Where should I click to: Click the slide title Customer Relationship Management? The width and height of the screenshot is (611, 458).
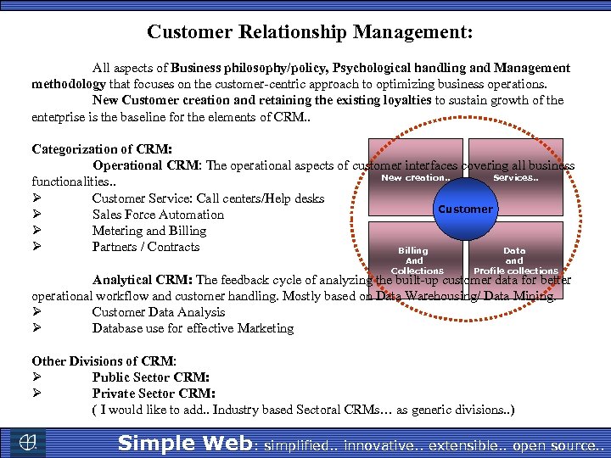pyautogui.click(x=310, y=32)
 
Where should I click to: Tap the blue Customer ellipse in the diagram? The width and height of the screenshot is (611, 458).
pyautogui.click(x=464, y=209)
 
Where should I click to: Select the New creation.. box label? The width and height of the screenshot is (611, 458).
pyautogui.click(x=416, y=178)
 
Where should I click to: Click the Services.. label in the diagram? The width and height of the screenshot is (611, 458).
pyautogui.click(x=515, y=178)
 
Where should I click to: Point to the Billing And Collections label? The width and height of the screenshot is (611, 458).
pyautogui.click(x=415, y=260)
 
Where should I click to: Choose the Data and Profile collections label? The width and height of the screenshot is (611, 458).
pyautogui.click(x=515, y=260)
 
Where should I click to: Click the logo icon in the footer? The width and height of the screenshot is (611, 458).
pyautogui.click(x=29, y=442)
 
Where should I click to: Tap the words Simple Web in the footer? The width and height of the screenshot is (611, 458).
pyautogui.click(x=184, y=443)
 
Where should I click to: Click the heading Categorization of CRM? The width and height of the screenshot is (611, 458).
pyautogui.click(x=102, y=149)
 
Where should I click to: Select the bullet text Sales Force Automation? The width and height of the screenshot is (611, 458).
pyautogui.click(x=158, y=215)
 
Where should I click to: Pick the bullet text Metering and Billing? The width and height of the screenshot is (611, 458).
pyautogui.click(x=149, y=231)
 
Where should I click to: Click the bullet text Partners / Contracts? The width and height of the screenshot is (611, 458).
pyautogui.click(x=146, y=247)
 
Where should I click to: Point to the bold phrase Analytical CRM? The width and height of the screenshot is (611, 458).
pyautogui.click(x=143, y=280)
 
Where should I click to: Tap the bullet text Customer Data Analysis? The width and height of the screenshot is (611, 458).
pyautogui.click(x=158, y=312)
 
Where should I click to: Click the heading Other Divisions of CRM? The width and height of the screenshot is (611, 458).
pyautogui.click(x=104, y=360)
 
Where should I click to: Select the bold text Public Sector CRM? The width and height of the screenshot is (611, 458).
pyautogui.click(x=151, y=377)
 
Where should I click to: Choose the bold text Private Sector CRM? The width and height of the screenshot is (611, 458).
pyautogui.click(x=154, y=394)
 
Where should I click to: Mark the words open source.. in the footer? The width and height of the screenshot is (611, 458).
pyautogui.click(x=563, y=444)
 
